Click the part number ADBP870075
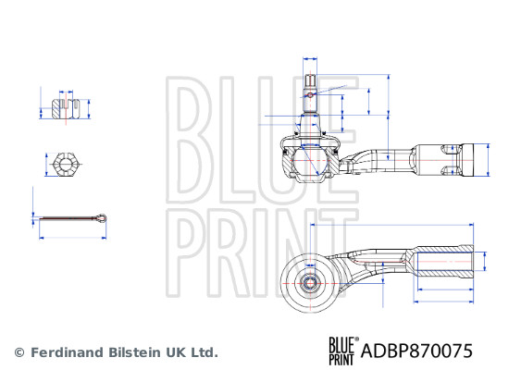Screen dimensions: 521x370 [416, 351]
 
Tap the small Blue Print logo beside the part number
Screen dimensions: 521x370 [343, 351]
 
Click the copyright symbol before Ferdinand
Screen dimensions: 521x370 [19, 352]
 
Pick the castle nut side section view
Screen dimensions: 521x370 [66, 108]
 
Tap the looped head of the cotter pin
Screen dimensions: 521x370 [101, 218]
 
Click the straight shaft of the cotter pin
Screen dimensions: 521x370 [67, 218]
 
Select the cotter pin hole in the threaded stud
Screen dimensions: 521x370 [310, 95]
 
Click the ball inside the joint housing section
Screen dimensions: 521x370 [310, 160]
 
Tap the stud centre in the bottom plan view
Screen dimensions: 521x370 [310, 284]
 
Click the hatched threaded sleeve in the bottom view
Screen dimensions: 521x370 [443, 262]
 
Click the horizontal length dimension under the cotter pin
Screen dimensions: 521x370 [73, 238]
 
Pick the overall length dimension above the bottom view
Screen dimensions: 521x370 [391, 225]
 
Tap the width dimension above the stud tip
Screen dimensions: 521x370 [310, 59]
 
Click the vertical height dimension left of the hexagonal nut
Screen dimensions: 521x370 [46, 165]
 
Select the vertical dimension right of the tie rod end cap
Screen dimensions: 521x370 [488, 160]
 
